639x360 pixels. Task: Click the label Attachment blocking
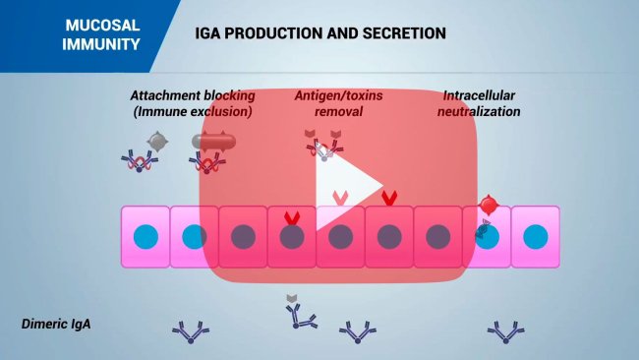(x=193, y=96)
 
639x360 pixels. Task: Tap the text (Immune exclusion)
(x=193, y=111)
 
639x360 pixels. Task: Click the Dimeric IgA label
(x=56, y=323)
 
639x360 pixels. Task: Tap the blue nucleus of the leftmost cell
(x=145, y=236)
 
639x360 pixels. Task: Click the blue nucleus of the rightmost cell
(x=535, y=236)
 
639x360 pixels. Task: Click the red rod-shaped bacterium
(x=213, y=142)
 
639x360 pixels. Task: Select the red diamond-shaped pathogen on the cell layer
(x=489, y=204)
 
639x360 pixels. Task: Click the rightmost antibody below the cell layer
(x=507, y=331)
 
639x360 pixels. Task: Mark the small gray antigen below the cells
(x=291, y=298)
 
